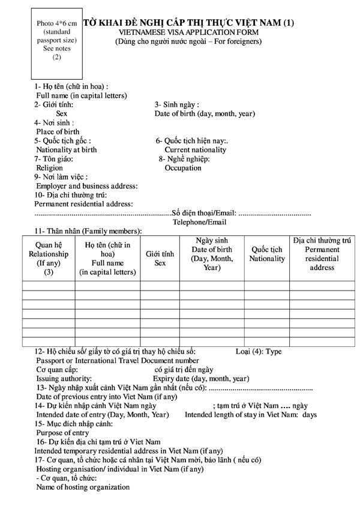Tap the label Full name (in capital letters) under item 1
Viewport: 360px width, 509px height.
(81, 95)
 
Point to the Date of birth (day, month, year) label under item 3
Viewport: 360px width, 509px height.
(205, 113)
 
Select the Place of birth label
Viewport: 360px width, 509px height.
(58, 131)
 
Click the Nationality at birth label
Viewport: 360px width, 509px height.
(66, 149)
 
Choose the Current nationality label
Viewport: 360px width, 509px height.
(196, 150)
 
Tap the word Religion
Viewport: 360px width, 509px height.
(49, 168)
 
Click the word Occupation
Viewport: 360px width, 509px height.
(183, 168)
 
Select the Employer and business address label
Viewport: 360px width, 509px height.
(87, 186)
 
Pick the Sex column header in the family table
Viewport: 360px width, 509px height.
(160, 258)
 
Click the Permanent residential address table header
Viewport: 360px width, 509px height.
(322, 254)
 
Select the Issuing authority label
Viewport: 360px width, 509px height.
(64, 379)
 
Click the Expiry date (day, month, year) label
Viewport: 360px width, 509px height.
(201, 379)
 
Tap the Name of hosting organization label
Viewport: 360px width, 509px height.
(83, 487)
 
